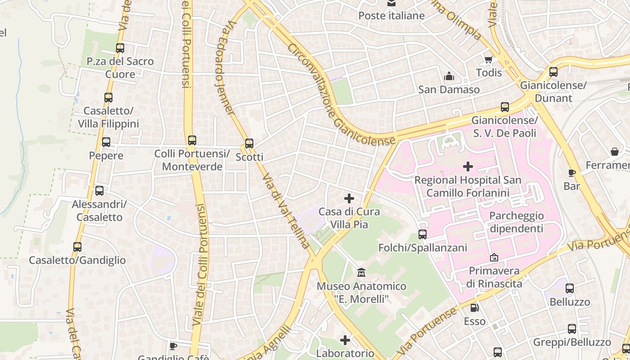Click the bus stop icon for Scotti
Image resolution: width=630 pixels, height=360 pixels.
(x=249, y=144)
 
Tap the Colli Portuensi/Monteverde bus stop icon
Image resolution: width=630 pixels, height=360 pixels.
(x=192, y=140)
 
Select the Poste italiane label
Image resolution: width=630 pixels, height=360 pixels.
(x=391, y=16)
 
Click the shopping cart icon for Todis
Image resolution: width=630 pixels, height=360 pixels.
(x=489, y=59)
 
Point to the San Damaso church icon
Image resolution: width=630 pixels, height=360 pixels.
(x=449, y=76)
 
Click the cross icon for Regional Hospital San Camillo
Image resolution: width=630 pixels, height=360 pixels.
(x=468, y=167)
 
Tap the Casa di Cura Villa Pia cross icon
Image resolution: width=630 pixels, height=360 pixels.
(x=349, y=198)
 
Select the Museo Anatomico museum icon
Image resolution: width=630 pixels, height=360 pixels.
(x=361, y=273)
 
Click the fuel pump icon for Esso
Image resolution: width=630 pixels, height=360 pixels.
(x=475, y=308)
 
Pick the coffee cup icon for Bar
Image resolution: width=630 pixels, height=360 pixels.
(x=571, y=173)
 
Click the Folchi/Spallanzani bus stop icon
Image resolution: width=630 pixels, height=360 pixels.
(x=422, y=234)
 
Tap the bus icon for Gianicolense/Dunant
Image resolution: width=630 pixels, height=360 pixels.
(x=553, y=72)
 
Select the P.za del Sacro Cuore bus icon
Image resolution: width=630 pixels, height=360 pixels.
(x=120, y=48)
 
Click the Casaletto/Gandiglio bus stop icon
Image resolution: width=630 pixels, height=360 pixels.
(x=77, y=247)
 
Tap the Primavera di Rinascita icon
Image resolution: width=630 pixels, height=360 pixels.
(x=494, y=258)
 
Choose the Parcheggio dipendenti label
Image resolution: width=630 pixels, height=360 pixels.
(x=516, y=222)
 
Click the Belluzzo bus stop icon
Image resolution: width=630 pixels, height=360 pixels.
(x=570, y=288)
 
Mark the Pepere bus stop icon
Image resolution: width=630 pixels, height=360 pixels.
(x=106, y=143)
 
